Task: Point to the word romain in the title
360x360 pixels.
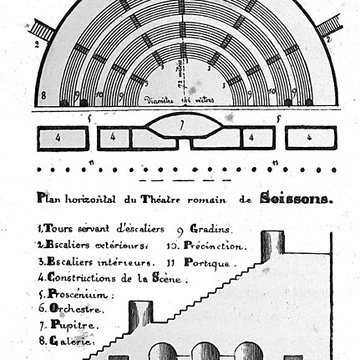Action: click(220, 199)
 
